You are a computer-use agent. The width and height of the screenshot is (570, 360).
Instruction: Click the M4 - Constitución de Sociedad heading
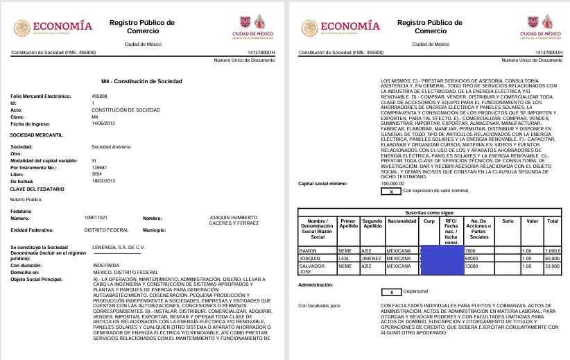[x=144, y=80]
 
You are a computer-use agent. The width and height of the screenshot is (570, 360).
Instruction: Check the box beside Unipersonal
[x=391, y=292]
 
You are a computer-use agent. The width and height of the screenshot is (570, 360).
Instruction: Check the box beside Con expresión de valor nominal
[x=391, y=190]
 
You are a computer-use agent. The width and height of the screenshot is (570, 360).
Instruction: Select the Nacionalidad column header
[x=401, y=225]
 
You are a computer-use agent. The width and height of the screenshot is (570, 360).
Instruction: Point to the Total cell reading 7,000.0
[x=553, y=250]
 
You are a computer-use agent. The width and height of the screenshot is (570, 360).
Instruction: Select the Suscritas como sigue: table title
[x=430, y=212]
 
